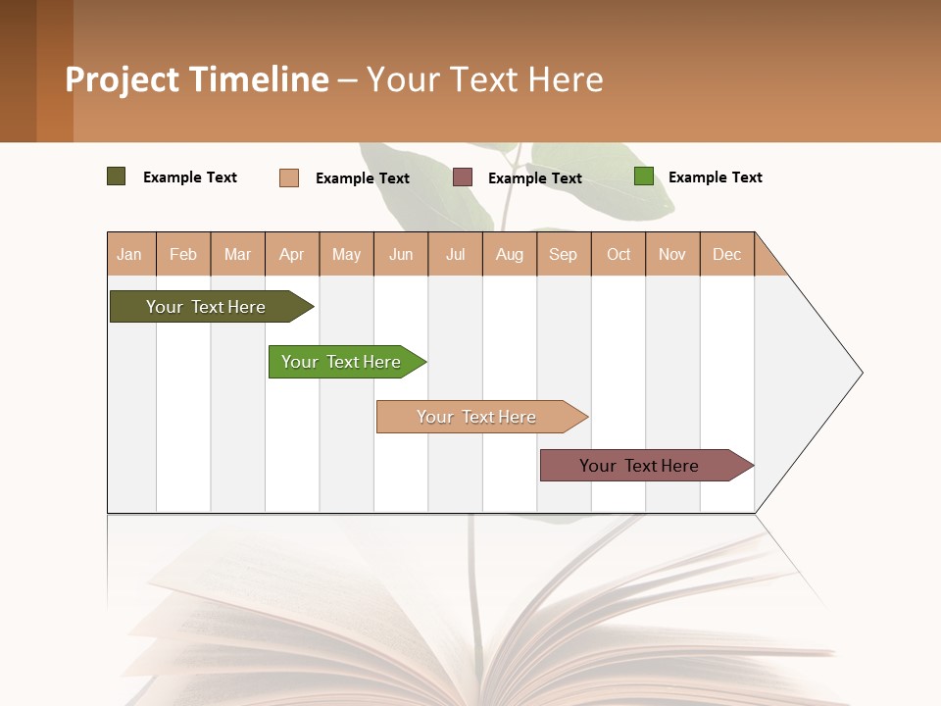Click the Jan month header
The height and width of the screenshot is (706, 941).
129,254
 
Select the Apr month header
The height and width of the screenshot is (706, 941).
291,254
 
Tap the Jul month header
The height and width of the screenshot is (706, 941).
455,254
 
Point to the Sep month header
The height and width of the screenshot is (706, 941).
563,254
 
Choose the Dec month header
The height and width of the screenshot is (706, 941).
726,254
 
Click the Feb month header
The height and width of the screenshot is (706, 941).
183,254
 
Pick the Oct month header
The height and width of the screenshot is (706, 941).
619,254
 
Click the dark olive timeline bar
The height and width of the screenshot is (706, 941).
206,307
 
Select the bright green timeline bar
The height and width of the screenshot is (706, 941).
341,362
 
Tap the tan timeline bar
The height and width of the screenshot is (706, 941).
476,417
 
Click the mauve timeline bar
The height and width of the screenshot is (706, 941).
639,466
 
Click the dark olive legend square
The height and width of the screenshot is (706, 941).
116,176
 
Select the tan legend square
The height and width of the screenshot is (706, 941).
289,177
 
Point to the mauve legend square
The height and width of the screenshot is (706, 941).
463,176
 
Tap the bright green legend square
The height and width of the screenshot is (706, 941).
643,176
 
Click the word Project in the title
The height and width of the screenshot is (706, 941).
123,79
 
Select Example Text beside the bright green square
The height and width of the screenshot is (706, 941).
715,177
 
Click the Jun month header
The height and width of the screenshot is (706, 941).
401,254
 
